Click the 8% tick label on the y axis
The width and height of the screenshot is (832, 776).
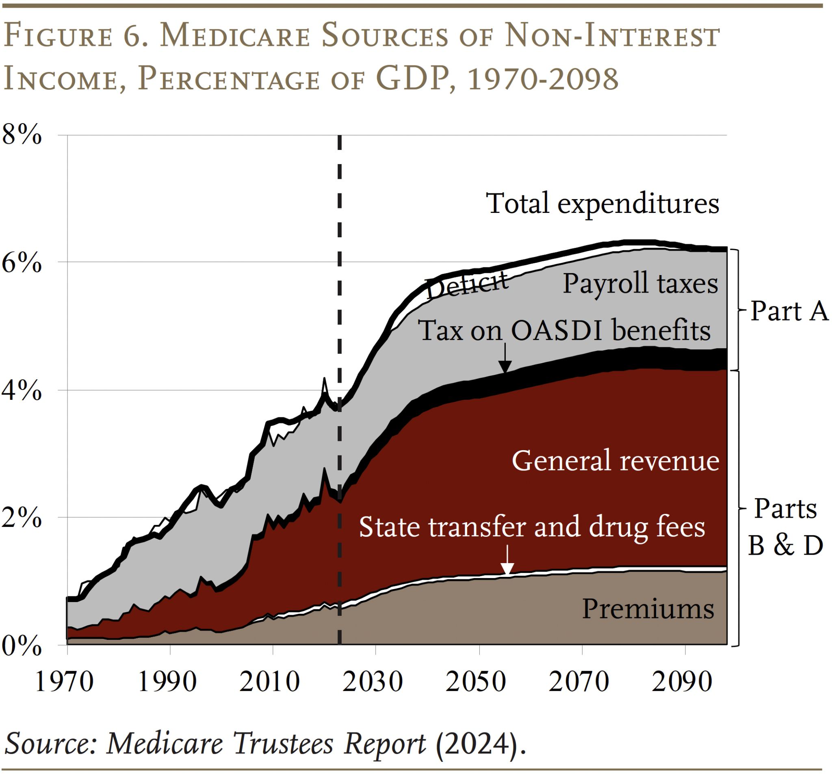22,136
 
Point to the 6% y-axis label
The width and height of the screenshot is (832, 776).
22,263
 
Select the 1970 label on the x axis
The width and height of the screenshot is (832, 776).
64,682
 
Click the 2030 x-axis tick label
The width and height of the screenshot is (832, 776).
372,682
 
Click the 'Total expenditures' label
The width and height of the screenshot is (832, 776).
602,204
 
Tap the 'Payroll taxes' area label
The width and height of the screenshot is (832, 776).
640,284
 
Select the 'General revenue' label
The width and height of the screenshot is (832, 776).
615,461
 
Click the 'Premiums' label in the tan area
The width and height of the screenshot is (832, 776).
648,609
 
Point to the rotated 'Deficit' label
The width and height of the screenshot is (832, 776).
467,285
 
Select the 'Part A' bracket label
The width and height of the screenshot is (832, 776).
789,311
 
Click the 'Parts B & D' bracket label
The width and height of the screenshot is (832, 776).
785,527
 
